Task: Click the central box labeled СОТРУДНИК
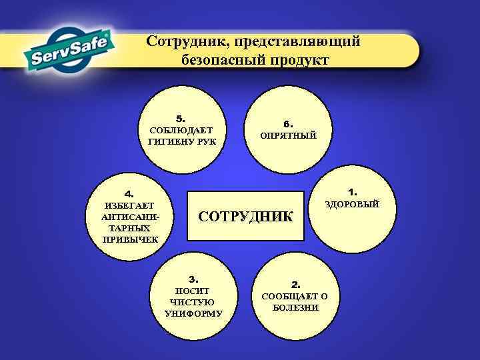[x=246, y=216]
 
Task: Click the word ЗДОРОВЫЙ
[x=352, y=204]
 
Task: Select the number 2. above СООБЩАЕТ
[x=296, y=284]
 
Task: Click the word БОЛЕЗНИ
[x=295, y=307]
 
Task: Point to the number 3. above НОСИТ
[x=194, y=279]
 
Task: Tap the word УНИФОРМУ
[x=193, y=313]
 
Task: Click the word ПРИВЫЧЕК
[x=129, y=239]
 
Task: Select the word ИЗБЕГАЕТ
[x=129, y=205]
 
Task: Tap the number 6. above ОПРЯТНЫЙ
[x=288, y=124]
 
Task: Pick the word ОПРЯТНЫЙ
[x=288, y=135]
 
